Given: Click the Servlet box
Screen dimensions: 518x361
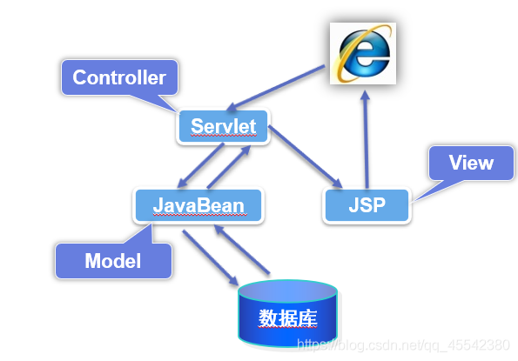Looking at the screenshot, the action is pyautogui.click(x=224, y=126).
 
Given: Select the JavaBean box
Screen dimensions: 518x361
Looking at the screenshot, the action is pyautogui.click(x=198, y=205).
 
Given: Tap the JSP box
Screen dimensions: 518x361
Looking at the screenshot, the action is pyautogui.click(x=367, y=205).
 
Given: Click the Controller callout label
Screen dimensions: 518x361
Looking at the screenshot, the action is pyautogui.click(x=119, y=78).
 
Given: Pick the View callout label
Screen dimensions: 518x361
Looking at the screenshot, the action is pyautogui.click(x=471, y=163).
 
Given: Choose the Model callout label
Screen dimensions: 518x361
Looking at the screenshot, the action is pyautogui.click(x=113, y=261).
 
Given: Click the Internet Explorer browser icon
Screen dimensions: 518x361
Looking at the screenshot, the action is pyautogui.click(x=363, y=53).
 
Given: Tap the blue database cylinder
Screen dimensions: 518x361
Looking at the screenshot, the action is pyautogui.click(x=287, y=313).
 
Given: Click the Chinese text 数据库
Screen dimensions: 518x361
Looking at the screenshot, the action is pyautogui.click(x=287, y=318).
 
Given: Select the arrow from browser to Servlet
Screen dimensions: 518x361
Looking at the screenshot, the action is pyautogui.click(x=276, y=88).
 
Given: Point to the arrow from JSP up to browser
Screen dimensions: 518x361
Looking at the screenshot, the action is pyautogui.click(x=366, y=139).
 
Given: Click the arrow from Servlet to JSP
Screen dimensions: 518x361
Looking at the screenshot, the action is pyautogui.click(x=306, y=157).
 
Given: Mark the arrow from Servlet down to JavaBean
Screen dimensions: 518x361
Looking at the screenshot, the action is pyautogui.click(x=200, y=165).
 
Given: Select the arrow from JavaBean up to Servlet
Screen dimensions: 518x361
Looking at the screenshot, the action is pyautogui.click(x=229, y=167).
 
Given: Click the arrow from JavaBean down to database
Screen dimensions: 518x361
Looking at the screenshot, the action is pyautogui.click(x=210, y=257).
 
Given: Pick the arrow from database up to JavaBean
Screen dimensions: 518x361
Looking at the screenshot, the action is pyautogui.click(x=242, y=250).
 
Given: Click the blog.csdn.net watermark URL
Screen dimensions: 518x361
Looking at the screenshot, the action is pyautogui.click(x=403, y=345).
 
